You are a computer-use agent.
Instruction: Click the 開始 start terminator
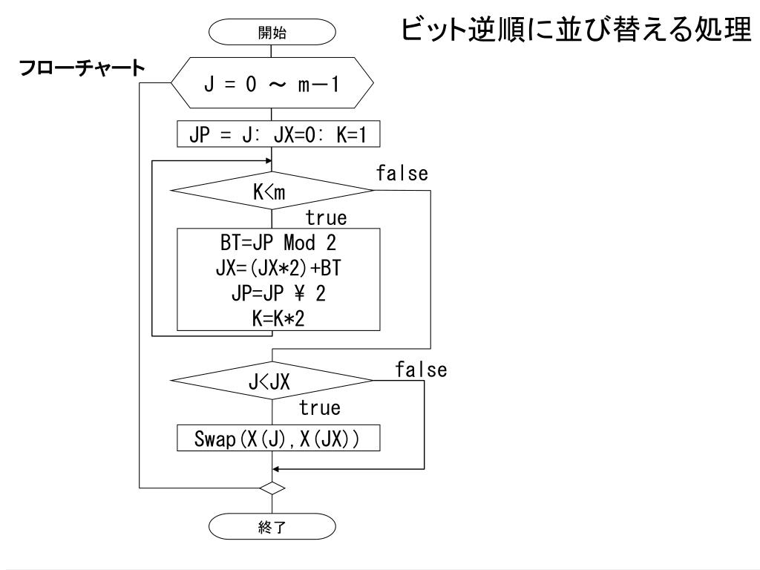(x=272, y=32)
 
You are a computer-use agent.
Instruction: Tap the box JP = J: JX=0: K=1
(x=272, y=135)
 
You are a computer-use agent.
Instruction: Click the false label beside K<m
(x=402, y=175)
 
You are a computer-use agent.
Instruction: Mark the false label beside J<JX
(x=421, y=370)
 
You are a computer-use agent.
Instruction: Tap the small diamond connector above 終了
(x=272, y=488)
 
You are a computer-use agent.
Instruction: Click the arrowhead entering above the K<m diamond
(x=269, y=157)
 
